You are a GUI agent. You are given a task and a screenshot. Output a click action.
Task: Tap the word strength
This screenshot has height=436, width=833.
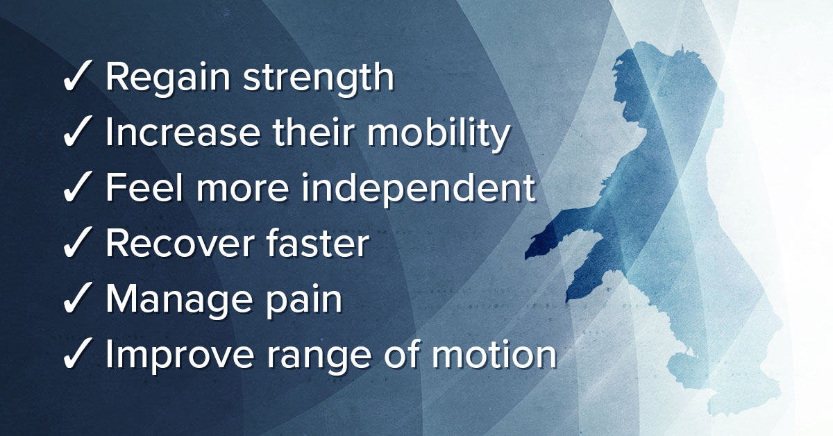[x=319, y=75]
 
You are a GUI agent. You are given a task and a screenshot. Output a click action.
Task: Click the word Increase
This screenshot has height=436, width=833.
[x=183, y=132]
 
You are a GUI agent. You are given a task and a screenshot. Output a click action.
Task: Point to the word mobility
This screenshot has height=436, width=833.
[x=439, y=135]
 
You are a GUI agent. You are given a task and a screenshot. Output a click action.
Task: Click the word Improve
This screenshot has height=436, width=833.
[x=180, y=356]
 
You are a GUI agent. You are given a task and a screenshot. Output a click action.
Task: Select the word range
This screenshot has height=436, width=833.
[x=319, y=359]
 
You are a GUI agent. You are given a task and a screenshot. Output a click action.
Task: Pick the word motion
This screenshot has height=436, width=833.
[x=494, y=353]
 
